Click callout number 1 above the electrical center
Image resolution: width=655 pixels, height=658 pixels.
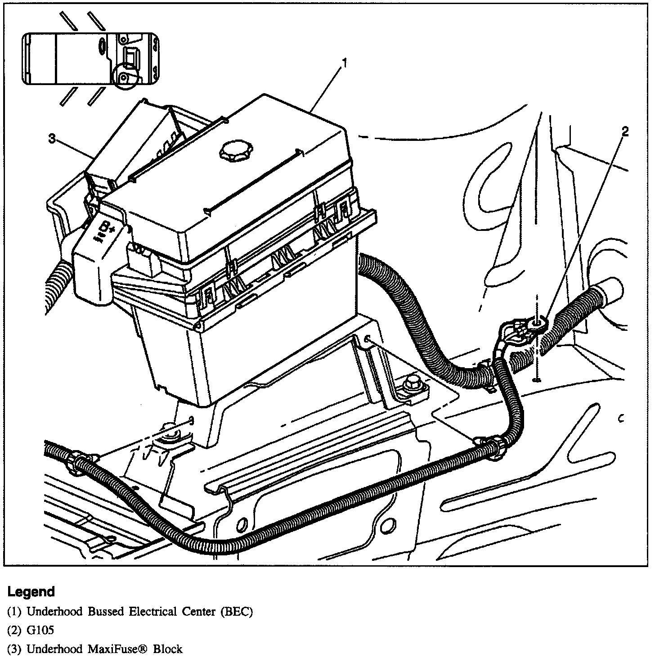(345, 64)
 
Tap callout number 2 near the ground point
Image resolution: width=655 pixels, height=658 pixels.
(624, 131)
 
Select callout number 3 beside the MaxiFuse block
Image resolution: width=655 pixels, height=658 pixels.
(52, 140)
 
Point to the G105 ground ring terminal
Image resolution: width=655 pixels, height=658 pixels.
(538, 323)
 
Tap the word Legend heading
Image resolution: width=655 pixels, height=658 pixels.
(31, 591)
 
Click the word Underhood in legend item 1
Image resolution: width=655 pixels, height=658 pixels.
(54, 612)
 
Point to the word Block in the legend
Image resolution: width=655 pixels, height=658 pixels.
(167, 649)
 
